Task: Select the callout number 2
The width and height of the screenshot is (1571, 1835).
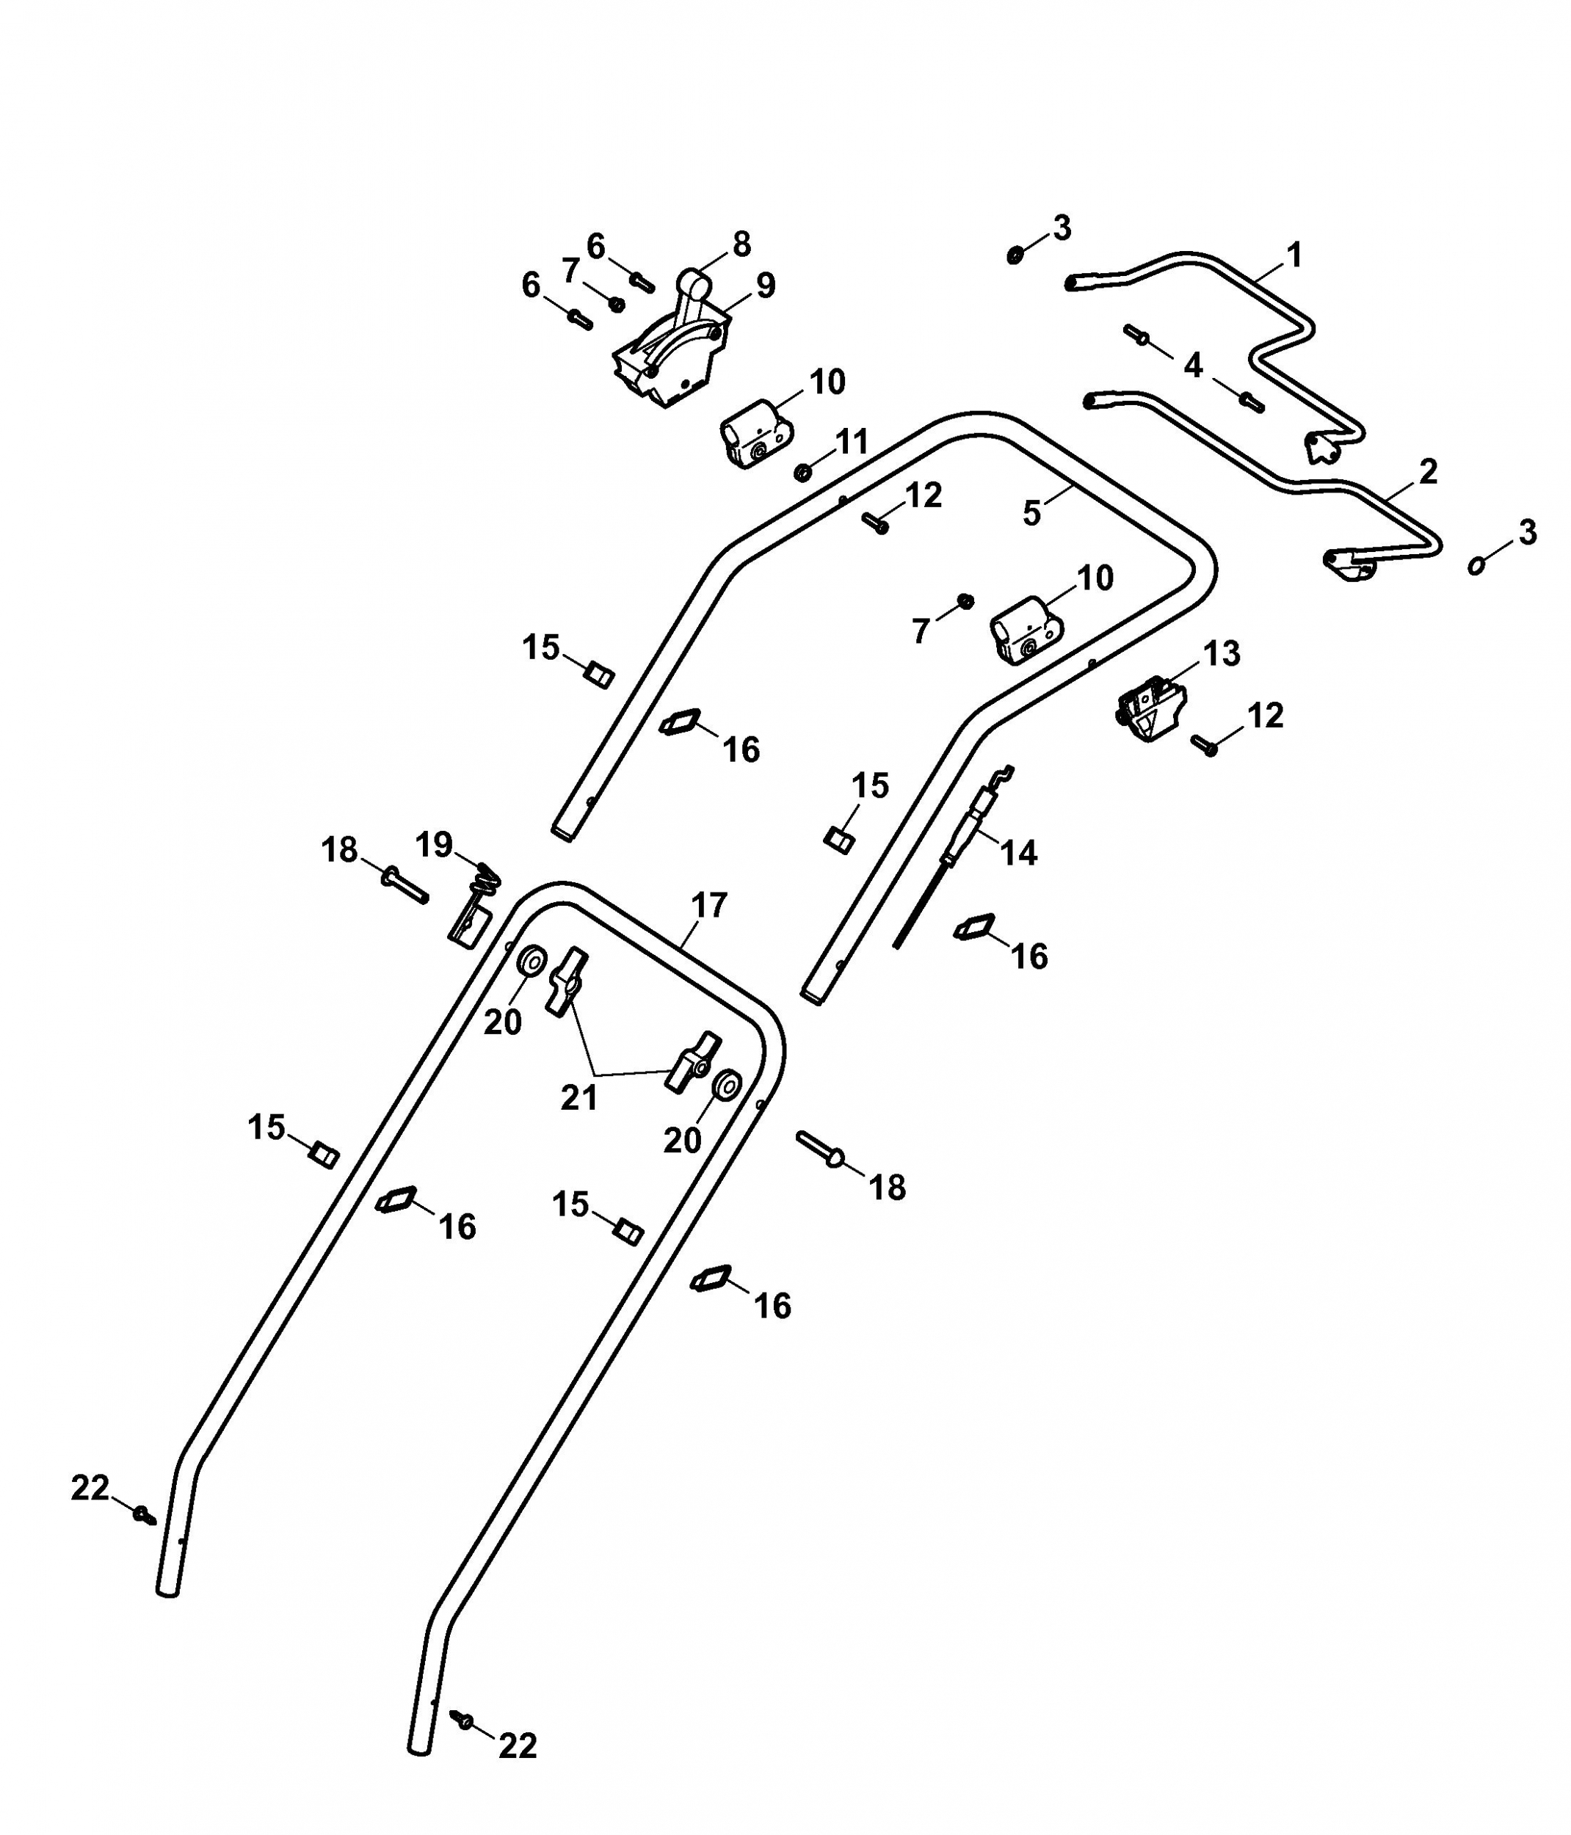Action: (x=1428, y=471)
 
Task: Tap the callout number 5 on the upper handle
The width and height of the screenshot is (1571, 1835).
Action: (x=1031, y=514)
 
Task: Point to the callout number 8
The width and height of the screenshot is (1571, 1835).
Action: (x=742, y=244)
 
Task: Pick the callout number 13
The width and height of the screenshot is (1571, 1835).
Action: (x=1222, y=653)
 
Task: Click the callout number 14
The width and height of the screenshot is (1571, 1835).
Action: (x=1018, y=852)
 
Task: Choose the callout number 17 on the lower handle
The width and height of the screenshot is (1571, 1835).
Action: (x=708, y=905)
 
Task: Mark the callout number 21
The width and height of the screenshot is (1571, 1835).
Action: (x=579, y=1097)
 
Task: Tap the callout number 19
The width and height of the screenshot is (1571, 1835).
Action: (x=434, y=845)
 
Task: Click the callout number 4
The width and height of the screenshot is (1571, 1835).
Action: (x=1193, y=365)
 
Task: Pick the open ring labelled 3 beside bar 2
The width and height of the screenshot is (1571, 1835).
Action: (x=1476, y=564)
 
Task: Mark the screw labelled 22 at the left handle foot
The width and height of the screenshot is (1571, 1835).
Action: (x=145, y=1515)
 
